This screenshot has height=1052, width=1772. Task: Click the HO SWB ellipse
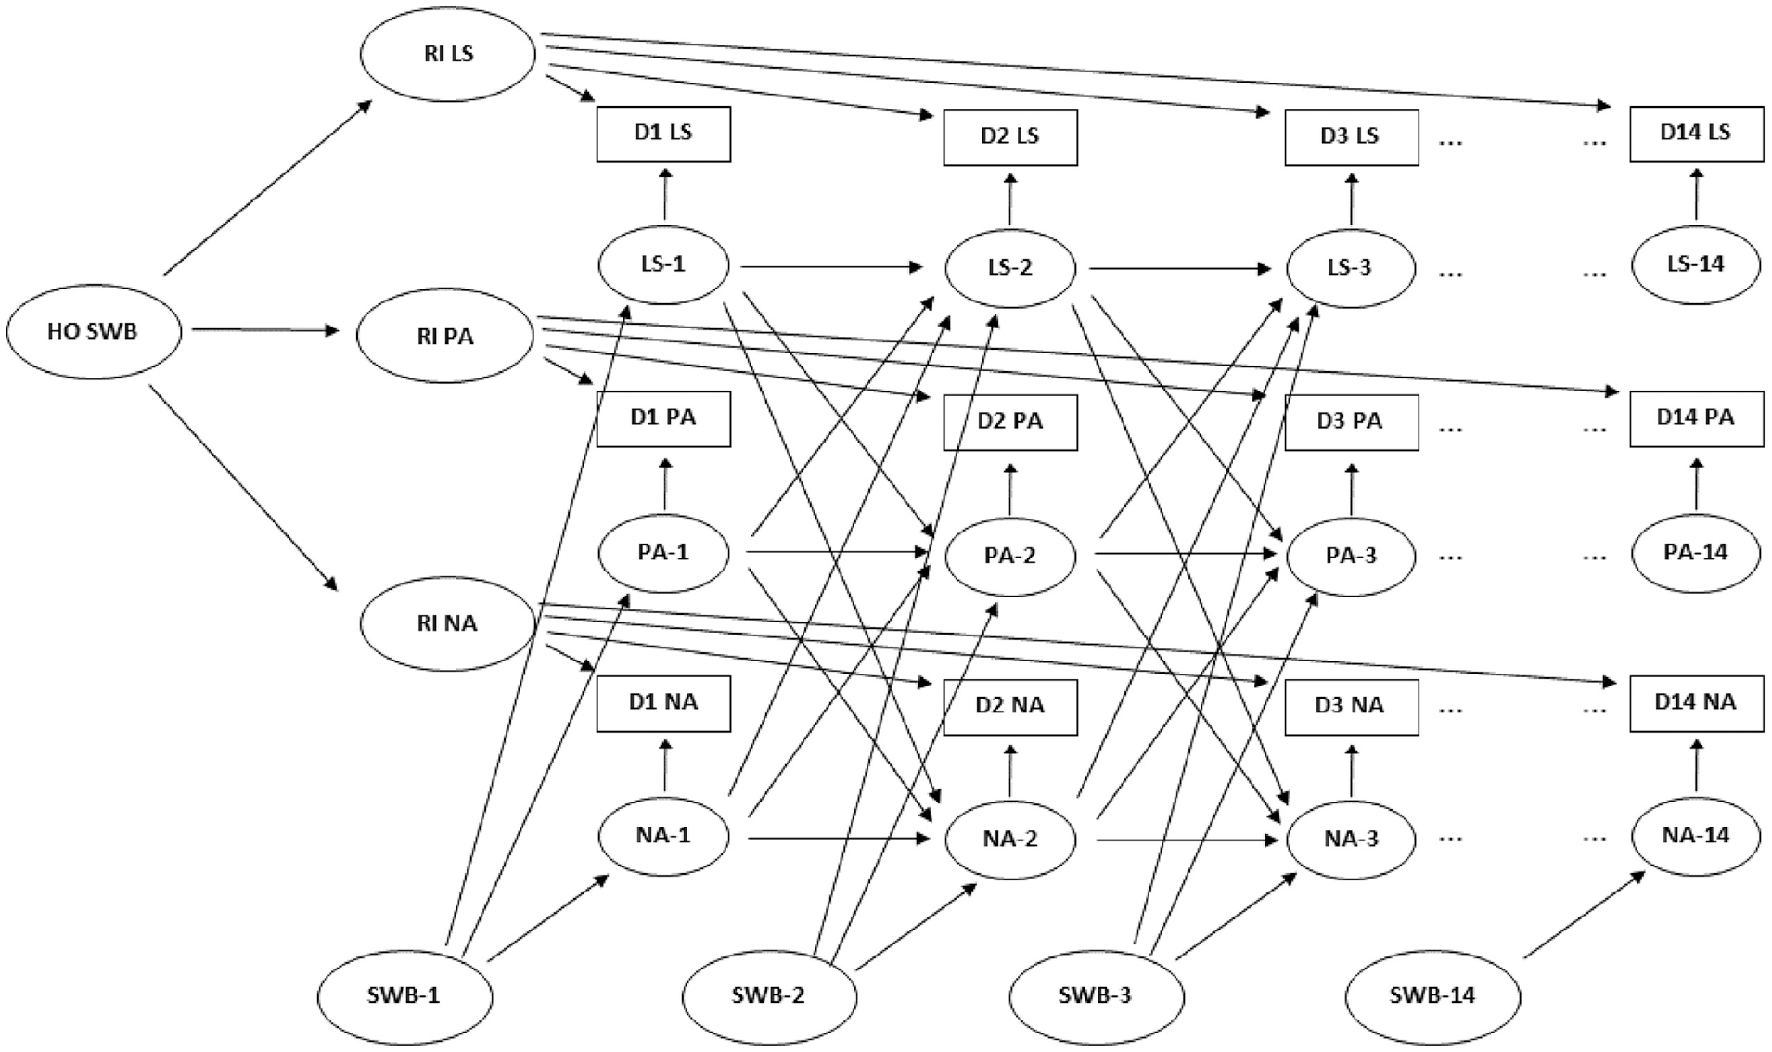coord(94,331)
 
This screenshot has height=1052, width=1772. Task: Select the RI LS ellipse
coord(448,54)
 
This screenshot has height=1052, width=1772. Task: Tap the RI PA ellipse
coord(445,336)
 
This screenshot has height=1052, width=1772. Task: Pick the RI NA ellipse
coord(448,623)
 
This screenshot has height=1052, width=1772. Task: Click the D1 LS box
coord(663,134)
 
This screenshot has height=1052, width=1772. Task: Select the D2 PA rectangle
coord(1010,422)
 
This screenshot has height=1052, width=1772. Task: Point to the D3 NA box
coord(1351,707)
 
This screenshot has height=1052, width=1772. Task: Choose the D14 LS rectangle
coord(1696,134)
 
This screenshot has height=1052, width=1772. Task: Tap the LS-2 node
coord(1010,268)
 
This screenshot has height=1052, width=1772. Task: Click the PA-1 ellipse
coord(663,553)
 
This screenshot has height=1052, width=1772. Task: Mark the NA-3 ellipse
coord(1351,840)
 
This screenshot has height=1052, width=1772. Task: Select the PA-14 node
coord(1696,553)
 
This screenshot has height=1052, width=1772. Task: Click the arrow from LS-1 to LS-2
coord(832,268)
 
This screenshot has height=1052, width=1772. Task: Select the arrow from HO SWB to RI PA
coord(266,329)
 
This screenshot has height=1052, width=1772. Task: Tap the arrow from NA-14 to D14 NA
coord(1697,765)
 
